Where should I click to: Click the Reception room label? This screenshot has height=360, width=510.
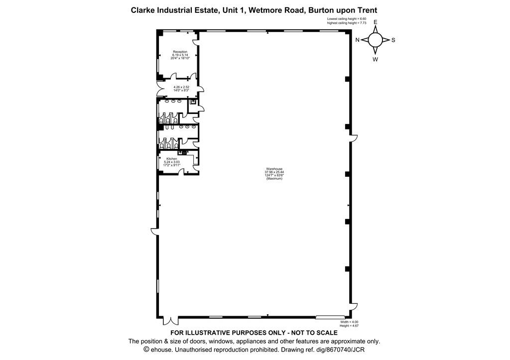180,52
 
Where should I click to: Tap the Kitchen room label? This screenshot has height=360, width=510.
172,159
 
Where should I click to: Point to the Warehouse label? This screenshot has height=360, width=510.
274,169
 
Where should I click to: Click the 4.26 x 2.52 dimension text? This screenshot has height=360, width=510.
181,87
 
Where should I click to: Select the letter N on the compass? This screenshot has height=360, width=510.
357,40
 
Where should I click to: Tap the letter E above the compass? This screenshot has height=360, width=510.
376,22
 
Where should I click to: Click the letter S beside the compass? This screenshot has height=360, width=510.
393,40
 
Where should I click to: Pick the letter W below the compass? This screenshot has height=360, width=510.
376,59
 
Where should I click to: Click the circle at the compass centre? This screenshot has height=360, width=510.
376,40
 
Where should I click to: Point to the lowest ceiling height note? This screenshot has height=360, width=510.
347,19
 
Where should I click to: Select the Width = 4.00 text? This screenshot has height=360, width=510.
349,322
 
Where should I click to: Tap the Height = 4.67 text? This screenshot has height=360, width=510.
349,326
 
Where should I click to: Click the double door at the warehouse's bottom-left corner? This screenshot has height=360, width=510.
170,321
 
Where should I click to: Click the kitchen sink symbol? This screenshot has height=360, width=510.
180,152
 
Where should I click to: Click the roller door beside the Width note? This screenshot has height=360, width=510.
331,316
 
